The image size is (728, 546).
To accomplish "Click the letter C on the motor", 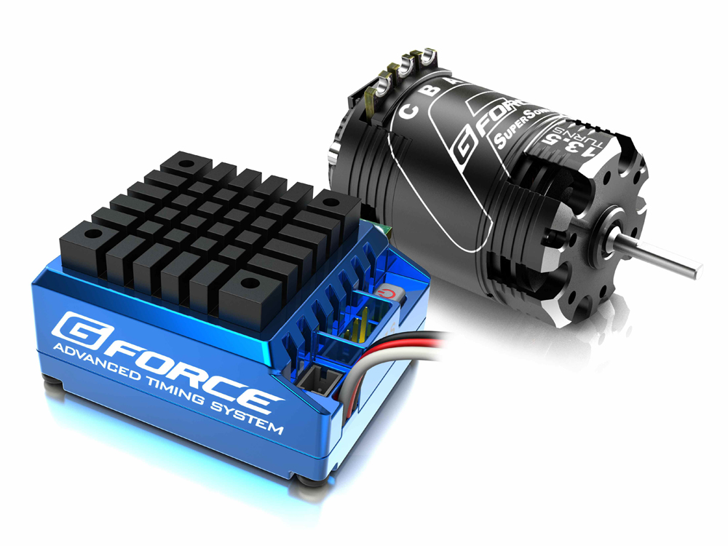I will point(410,111).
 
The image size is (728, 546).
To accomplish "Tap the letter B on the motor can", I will point(434,90).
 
